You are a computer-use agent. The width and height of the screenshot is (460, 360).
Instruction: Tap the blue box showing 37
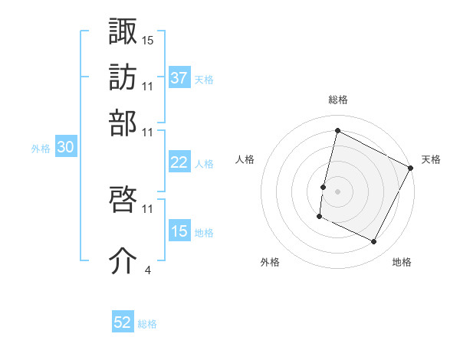point(179,77)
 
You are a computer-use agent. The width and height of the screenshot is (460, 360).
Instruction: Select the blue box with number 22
point(179,162)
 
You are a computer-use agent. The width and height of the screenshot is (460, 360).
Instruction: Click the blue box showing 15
point(179,231)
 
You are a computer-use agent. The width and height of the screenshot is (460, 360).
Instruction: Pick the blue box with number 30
point(65,148)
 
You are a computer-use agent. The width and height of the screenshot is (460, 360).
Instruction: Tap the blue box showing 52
point(123,322)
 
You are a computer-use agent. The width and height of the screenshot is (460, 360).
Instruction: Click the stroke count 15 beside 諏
point(148,39)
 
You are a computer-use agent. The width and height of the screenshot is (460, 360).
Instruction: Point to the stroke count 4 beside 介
point(147,269)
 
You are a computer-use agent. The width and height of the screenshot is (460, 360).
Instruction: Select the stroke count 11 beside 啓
point(148,208)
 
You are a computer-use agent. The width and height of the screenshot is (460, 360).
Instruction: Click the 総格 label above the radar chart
point(337,100)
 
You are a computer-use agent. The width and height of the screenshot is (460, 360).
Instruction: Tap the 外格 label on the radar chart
point(270,262)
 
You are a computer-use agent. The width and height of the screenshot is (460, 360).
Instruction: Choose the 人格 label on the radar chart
point(245,159)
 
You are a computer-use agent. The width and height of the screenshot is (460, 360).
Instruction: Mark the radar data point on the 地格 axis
point(374,242)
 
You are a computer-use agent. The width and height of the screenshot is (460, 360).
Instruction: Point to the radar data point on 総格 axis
point(337,130)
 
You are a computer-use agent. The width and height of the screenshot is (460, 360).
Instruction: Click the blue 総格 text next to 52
point(147,324)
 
